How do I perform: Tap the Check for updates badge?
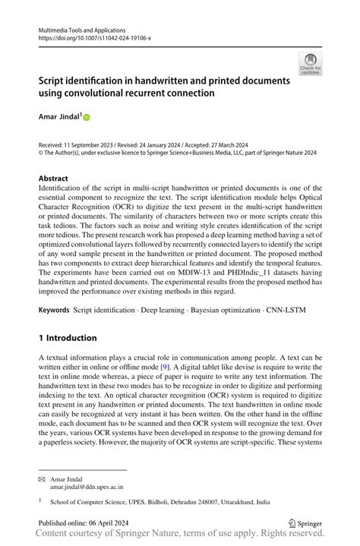pos(310,64)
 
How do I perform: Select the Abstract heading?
pos(53,178)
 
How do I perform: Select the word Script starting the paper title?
pos(52,80)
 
